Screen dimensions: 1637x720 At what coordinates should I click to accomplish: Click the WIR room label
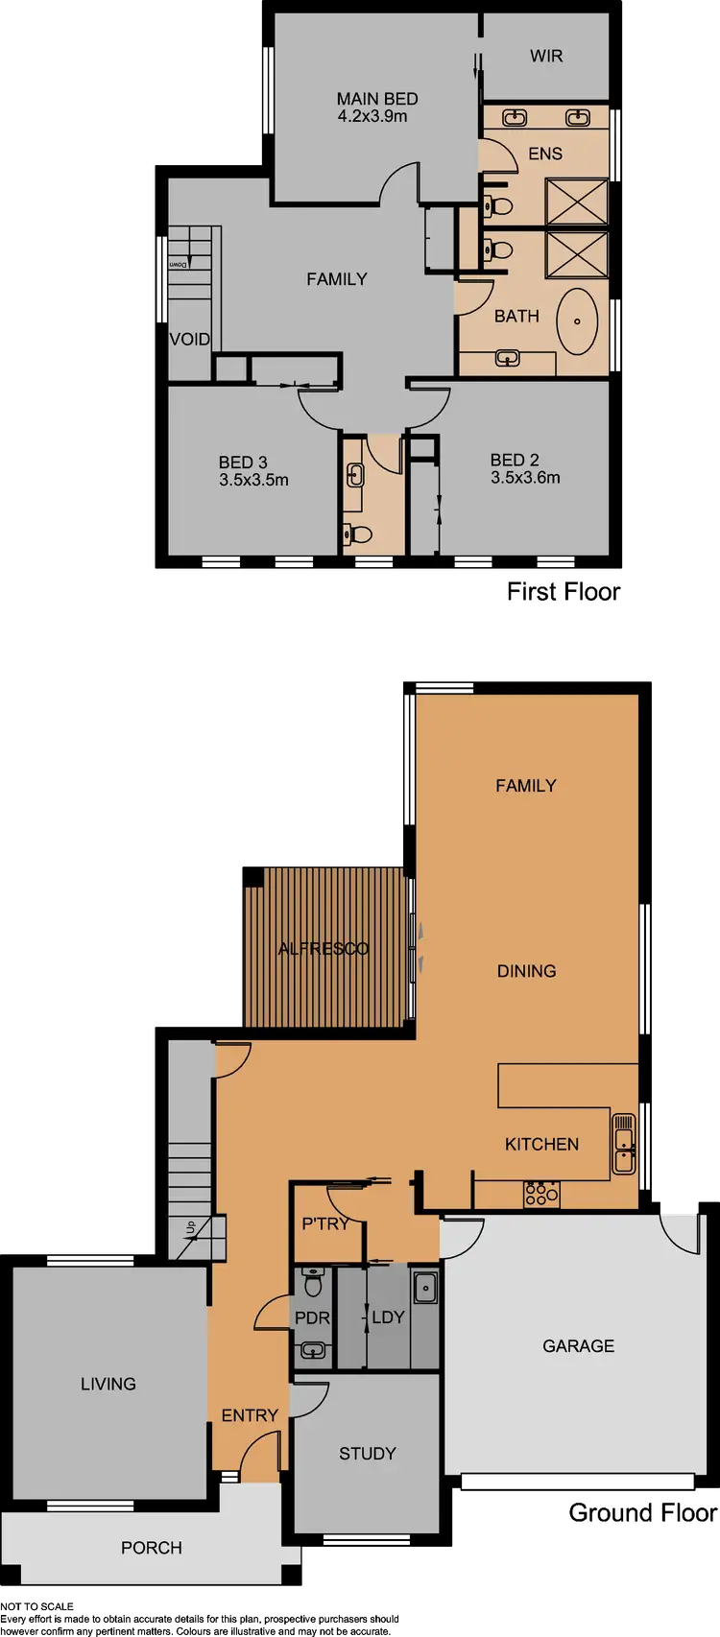click(x=546, y=56)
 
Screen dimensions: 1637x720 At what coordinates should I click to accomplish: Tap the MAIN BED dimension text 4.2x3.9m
click(x=372, y=116)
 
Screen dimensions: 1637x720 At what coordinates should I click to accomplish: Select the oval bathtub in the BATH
click(x=578, y=320)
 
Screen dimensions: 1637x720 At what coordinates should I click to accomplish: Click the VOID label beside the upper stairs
click(x=190, y=339)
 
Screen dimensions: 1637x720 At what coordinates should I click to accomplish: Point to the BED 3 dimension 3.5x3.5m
click(x=253, y=480)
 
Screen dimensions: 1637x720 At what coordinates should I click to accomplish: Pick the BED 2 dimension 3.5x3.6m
click(x=525, y=477)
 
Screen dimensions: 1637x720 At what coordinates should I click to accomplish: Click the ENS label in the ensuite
click(x=545, y=154)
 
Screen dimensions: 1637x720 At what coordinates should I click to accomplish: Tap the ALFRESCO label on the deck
click(x=324, y=949)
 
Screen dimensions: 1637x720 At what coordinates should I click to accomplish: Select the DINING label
click(x=526, y=971)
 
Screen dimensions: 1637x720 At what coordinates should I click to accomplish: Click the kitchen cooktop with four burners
click(x=541, y=1194)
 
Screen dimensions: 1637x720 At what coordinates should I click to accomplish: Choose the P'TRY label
click(x=325, y=1223)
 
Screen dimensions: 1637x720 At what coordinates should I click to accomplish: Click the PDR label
click(x=312, y=1317)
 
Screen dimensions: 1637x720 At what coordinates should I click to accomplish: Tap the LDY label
click(x=388, y=1317)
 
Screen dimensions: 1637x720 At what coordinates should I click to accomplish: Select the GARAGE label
click(x=578, y=1346)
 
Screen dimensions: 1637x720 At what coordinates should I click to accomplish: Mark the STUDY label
click(x=367, y=1454)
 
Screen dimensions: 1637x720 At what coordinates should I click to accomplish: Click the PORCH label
click(x=152, y=1548)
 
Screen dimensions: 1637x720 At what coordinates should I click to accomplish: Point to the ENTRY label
click(x=250, y=1415)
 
